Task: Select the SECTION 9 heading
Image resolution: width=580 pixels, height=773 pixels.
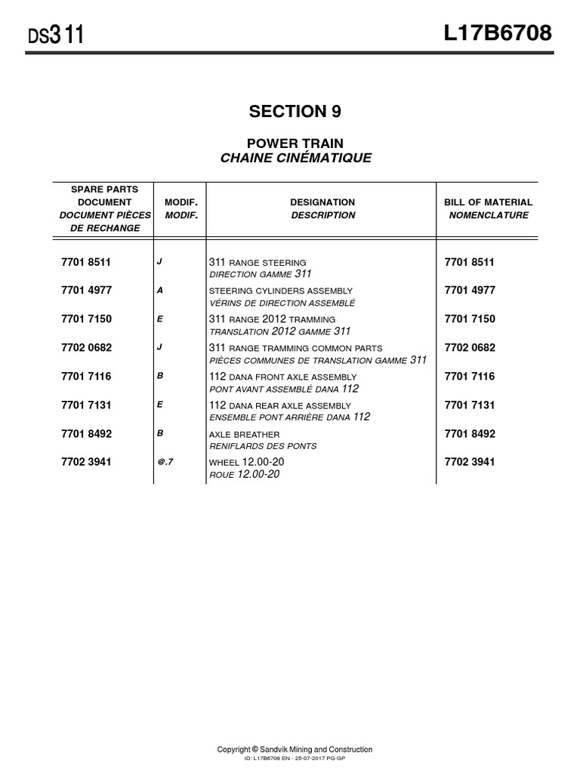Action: (x=295, y=112)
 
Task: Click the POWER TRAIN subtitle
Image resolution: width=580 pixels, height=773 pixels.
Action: (x=295, y=143)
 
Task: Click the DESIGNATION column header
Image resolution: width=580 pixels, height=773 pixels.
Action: (x=322, y=202)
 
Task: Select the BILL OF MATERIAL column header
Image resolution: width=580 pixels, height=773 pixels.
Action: (x=488, y=202)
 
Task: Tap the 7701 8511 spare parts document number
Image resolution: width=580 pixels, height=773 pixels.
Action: (x=86, y=262)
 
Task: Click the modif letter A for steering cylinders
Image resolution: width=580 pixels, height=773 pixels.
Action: (x=159, y=290)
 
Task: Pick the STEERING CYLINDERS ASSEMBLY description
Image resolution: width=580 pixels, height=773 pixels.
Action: (x=280, y=291)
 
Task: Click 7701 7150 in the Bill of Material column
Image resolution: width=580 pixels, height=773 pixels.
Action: (x=470, y=319)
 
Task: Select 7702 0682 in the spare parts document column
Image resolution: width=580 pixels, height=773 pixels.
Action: (x=86, y=348)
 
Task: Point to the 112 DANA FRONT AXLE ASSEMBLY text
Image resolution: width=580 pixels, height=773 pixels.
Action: (x=282, y=377)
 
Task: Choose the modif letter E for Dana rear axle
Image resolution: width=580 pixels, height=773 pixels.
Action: (x=159, y=405)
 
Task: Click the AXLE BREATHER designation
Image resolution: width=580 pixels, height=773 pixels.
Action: (x=244, y=434)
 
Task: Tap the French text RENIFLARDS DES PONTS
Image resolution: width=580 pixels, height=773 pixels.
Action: (x=263, y=446)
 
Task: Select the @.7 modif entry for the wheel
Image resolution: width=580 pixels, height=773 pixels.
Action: (x=165, y=462)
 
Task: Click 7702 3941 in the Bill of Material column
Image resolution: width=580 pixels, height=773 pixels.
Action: (x=470, y=462)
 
